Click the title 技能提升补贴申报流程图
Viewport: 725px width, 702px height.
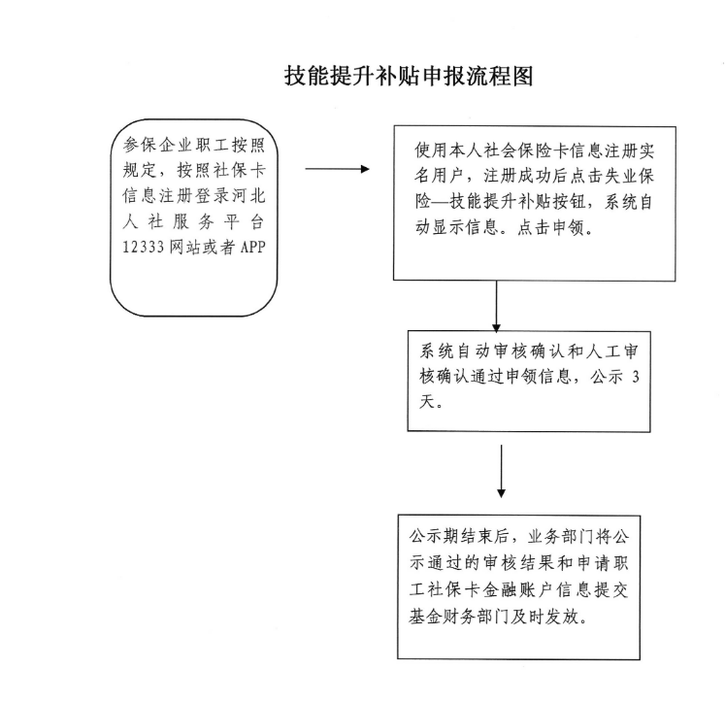tap(409, 77)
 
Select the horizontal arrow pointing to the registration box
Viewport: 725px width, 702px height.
tap(337, 169)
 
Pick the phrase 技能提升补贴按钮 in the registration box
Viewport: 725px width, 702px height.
tap(514, 205)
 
